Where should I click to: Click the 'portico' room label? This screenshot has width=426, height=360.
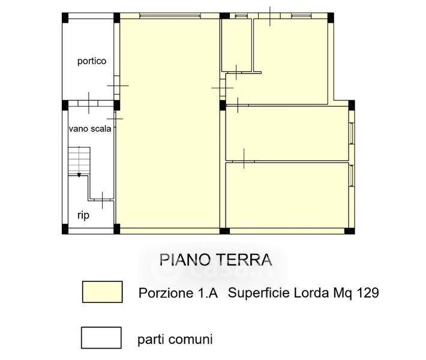coord(92,61)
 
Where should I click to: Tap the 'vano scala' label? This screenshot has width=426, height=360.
coord(90,128)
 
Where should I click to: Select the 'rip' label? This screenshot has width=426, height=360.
coord(83,215)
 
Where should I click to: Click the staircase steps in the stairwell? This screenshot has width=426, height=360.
coord(79,160)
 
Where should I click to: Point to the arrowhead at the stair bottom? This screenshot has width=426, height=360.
coord(79,175)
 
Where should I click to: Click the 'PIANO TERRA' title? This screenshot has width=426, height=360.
coord(216,260)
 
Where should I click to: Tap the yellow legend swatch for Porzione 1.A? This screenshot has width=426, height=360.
coord(103,292)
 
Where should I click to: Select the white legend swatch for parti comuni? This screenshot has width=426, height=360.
coord(101,337)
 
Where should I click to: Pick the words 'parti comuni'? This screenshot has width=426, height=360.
coord(175,340)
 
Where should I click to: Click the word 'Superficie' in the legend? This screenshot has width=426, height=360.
coord(259,293)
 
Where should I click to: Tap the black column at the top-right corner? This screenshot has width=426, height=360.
coord(331,17)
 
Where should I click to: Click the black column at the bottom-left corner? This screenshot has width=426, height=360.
coord(65,229)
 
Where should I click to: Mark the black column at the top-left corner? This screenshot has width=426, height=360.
coord(65,17)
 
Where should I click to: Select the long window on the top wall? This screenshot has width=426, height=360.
coord(170,16)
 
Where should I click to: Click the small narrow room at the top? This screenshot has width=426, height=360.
coord(236,45)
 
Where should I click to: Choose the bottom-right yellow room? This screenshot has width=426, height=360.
coord(287,195)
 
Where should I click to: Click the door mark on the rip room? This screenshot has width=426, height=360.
coord(102,200)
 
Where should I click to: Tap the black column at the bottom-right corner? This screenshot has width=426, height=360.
coord(350,231)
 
